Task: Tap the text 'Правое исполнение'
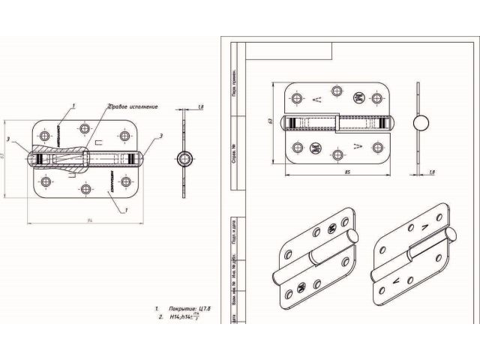[x=133, y=106]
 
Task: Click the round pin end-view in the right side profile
[x=421, y=122]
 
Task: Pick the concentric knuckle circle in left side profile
[x=182, y=158]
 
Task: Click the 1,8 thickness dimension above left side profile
[x=200, y=109]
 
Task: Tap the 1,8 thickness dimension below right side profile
[x=434, y=172]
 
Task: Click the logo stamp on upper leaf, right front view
[x=358, y=98]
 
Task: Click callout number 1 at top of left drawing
[x=73, y=105]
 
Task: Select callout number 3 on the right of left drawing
[x=160, y=136]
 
